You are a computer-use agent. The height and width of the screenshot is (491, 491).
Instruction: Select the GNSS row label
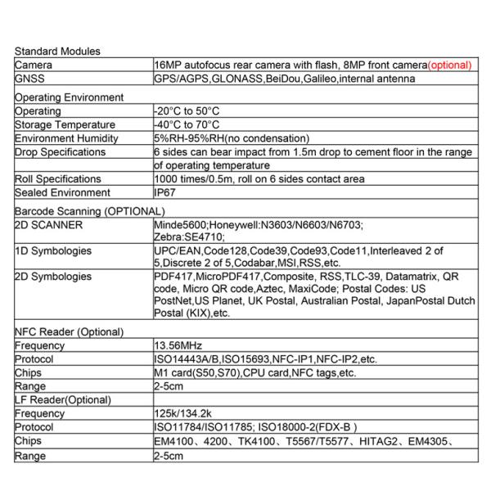29,79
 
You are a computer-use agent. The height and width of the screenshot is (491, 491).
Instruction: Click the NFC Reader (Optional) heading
69,332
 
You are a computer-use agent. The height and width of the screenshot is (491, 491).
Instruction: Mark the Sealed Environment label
62,193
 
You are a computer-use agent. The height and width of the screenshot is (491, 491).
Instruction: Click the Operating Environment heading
69,97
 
